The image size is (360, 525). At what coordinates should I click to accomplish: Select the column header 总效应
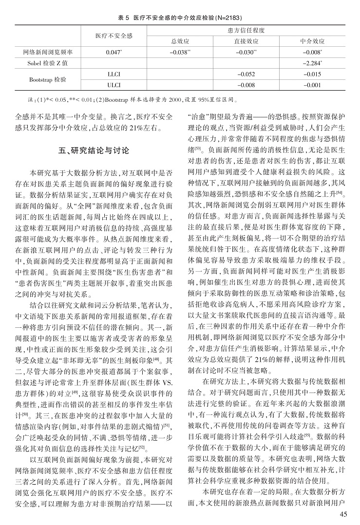180,41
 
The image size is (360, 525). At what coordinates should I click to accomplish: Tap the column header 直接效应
246,41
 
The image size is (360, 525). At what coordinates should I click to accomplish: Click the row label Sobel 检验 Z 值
48,63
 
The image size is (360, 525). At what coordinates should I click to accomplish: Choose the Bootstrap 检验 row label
48,79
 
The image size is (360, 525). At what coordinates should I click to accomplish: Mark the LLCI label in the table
114,74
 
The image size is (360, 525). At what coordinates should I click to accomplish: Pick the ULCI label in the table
114,85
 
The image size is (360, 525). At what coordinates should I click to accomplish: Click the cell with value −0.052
246,74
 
